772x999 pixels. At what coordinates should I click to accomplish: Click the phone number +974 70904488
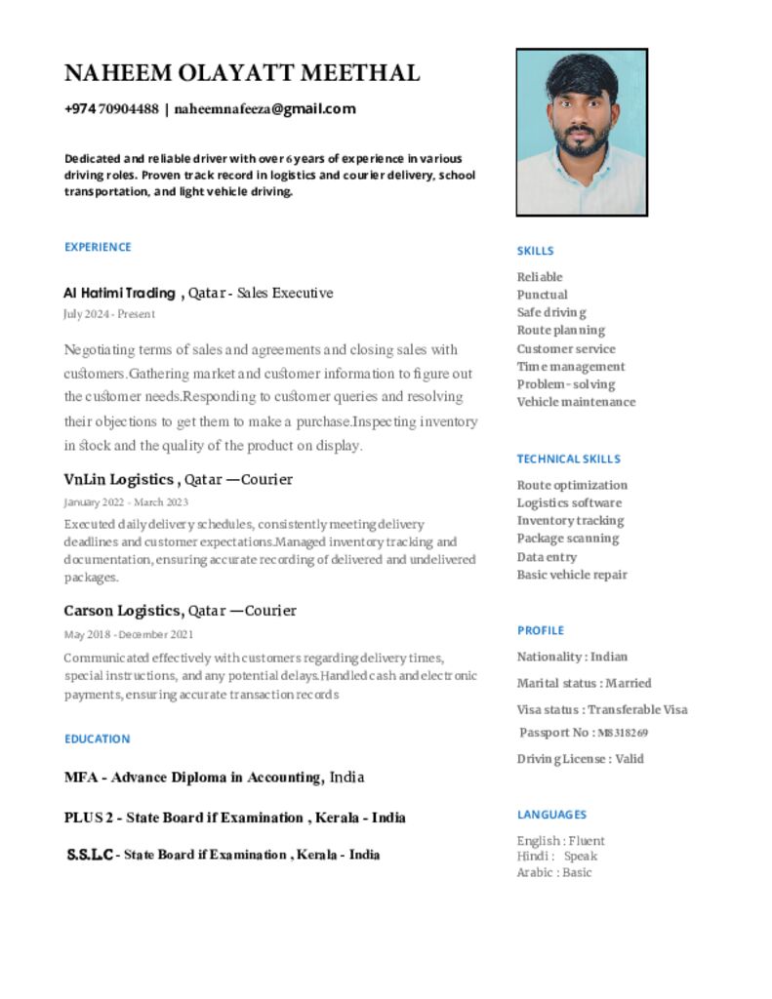coord(111,109)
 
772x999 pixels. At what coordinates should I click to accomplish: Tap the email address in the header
coord(264,109)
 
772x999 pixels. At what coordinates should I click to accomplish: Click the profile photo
coord(582,133)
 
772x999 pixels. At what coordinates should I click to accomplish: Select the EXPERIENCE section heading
coord(98,247)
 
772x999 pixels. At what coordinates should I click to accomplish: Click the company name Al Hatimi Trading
coord(119,293)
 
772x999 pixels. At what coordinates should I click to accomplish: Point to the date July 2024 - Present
coord(108,314)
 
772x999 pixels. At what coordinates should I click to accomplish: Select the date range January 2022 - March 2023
coord(126,502)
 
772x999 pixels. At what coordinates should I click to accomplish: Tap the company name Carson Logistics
coord(123,611)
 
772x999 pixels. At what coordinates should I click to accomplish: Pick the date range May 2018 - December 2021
coord(128,634)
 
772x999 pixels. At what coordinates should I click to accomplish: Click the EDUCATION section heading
coord(97,739)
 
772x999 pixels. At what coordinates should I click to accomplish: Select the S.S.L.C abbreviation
coord(90,855)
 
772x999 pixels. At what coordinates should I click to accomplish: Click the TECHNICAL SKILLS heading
coord(568,459)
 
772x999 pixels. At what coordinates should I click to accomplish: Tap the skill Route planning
coord(560,331)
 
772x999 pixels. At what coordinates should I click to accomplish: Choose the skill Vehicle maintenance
coord(576,402)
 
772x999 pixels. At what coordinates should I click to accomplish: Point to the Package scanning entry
coord(567,539)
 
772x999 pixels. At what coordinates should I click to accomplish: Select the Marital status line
coord(584,683)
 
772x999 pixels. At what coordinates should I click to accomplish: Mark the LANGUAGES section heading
coord(551,815)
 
